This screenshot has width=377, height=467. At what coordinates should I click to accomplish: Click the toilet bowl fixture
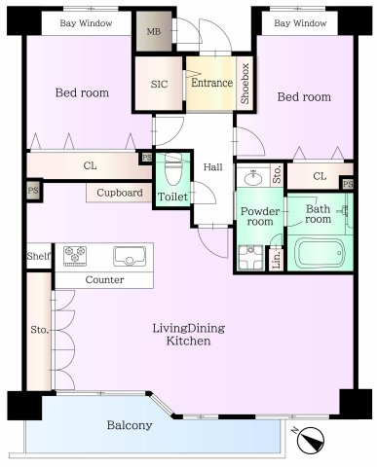click(x=173, y=170)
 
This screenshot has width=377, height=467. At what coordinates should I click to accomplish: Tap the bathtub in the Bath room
click(x=320, y=252)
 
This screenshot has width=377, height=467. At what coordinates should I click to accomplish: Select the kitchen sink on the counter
click(x=130, y=256)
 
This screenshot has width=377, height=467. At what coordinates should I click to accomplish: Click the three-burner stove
click(x=75, y=256)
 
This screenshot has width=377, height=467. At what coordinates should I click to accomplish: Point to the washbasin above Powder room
click(x=253, y=177)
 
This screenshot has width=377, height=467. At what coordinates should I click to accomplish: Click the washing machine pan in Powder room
click(x=250, y=258)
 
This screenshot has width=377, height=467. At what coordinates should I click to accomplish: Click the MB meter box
click(x=154, y=31)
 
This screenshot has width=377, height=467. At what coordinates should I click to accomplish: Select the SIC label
click(x=159, y=85)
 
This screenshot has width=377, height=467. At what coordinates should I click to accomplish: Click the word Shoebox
click(x=245, y=84)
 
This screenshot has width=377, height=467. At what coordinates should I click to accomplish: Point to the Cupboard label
click(x=120, y=193)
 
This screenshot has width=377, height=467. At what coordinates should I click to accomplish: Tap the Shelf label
click(x=39, y=256)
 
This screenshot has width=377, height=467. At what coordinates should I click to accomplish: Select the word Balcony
click(x=130, y=425)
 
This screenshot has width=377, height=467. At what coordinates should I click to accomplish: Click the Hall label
click(x=213, y=167)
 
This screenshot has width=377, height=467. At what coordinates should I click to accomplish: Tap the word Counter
click(x=104, y=279)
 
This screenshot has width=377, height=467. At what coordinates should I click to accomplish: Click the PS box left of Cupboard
click(x=33, y=191)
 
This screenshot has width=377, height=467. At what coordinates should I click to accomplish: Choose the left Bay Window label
click(x=86, y=23)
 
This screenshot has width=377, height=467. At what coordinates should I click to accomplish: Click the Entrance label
click(x=211, y=83)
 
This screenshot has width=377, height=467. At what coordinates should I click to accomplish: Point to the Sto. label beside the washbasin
click(x=277, y=175)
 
